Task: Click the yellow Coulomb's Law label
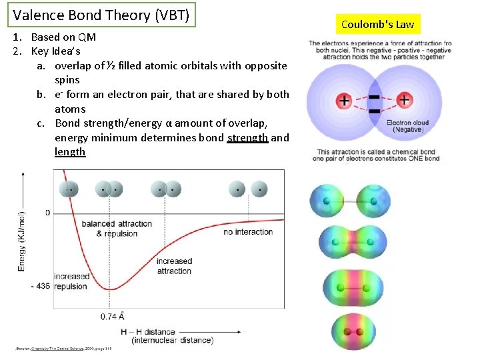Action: (377, 25)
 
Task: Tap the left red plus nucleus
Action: (344, 101)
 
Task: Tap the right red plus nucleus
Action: (405, 101)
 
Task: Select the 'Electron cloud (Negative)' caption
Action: (407, 126)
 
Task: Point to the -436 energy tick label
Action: (39, 286)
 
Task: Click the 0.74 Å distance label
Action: (113, 316)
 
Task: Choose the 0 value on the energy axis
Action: (47, 213)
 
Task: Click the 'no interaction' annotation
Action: (248, 232)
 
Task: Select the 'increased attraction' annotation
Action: (174, 266)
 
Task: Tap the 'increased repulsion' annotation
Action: (71, 281)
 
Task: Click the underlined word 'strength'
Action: (247, 137)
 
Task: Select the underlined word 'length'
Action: (70, 152)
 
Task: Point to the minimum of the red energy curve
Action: (113, 289)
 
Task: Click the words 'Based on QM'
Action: (63, 37)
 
